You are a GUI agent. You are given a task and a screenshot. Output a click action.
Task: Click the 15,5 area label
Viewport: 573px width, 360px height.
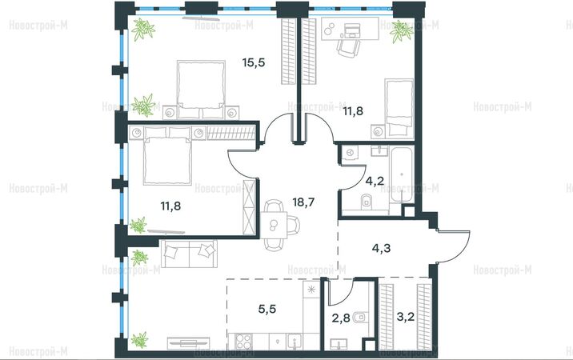coord(253,63)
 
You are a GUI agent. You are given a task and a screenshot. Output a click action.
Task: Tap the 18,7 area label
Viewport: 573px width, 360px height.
coord(303,202)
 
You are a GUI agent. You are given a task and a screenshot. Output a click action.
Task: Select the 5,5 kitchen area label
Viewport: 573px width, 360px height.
coord(267,309)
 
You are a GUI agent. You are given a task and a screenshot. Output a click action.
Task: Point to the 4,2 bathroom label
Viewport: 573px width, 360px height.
coord(375,180)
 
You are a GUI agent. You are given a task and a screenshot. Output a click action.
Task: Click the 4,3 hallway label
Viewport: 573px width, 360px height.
coord(381,248)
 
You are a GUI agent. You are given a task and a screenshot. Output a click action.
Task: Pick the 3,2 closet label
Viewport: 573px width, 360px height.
coord(406,317)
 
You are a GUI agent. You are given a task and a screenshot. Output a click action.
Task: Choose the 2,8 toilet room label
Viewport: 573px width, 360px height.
coord(341,318)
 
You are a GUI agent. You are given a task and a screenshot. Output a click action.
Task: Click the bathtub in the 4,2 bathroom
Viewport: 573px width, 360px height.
coord(402,174)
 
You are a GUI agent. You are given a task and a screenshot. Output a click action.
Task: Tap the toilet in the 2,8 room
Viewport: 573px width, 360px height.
coord(360,318)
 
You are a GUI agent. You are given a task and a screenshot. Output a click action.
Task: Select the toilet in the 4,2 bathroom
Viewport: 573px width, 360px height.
coord(367,202)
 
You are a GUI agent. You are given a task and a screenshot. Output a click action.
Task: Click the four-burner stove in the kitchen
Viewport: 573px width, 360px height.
coord(243,342)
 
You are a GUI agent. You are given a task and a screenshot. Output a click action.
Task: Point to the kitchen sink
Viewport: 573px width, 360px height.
coord(295,342)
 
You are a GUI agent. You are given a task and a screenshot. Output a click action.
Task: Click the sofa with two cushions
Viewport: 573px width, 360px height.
coord(189,253)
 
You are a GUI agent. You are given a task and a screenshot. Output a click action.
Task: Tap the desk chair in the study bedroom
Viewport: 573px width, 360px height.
coord(349,47)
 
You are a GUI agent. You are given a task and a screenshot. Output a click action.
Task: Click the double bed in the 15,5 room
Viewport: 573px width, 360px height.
coord(201,90)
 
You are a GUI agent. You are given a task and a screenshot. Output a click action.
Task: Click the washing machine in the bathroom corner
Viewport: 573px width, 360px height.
coord(350,153)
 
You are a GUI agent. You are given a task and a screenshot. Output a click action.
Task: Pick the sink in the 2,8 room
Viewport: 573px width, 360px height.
coord(339,344)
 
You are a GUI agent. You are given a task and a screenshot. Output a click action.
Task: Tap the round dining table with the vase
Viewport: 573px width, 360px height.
coord(274,225)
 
